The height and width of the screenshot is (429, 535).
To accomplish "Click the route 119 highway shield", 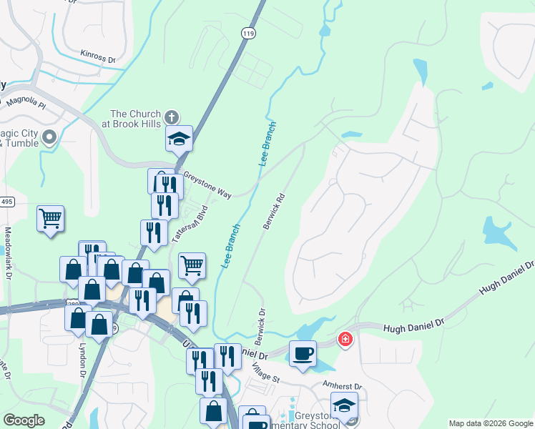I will (248, 34).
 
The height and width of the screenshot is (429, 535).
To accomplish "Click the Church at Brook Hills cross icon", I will (171, 117).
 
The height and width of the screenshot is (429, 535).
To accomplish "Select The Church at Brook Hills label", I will (136, 119).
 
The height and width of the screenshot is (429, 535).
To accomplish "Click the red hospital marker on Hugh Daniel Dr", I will (345, 338).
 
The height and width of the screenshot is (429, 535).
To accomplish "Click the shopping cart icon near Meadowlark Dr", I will (50, 219).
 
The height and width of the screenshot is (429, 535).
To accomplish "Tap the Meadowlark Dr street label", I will (9, 254).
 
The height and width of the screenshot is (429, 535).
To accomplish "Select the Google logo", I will (24, 420).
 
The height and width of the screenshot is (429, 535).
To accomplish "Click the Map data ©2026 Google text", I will (491, 423).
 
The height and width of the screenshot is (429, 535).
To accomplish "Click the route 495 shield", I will (6, 202).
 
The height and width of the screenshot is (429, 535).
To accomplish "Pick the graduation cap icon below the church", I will (180, 139).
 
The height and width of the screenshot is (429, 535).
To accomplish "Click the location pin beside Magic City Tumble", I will (49, 137).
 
